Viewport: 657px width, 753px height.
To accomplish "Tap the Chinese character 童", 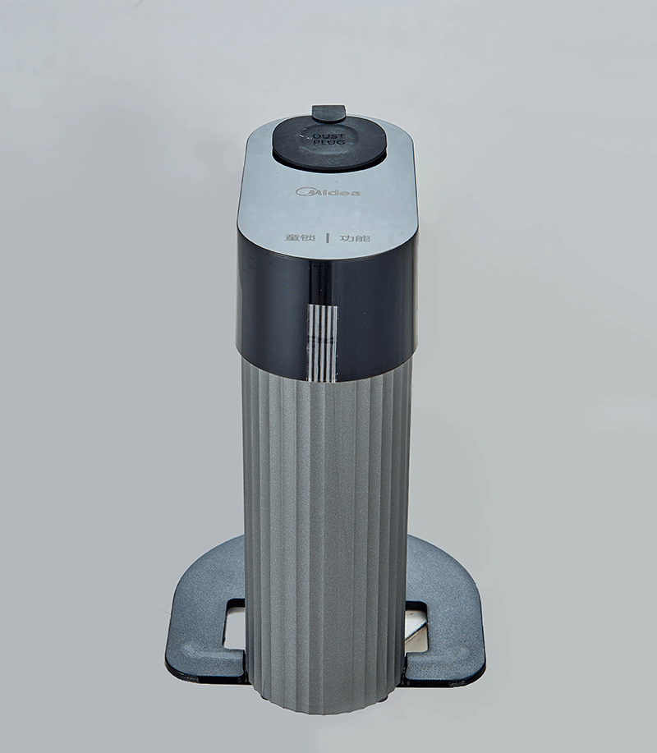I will (292, 238).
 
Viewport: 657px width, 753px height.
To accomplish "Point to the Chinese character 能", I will (362, 238).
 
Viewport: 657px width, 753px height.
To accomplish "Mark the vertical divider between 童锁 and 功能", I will (328, 238).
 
